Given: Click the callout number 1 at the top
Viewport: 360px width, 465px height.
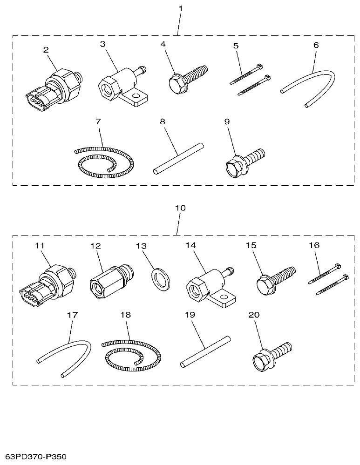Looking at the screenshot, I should tap(181, 9).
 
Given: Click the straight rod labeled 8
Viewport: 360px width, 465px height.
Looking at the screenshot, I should tap(178, 158).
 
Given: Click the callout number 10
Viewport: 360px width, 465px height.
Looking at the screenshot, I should tap(180, 208).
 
